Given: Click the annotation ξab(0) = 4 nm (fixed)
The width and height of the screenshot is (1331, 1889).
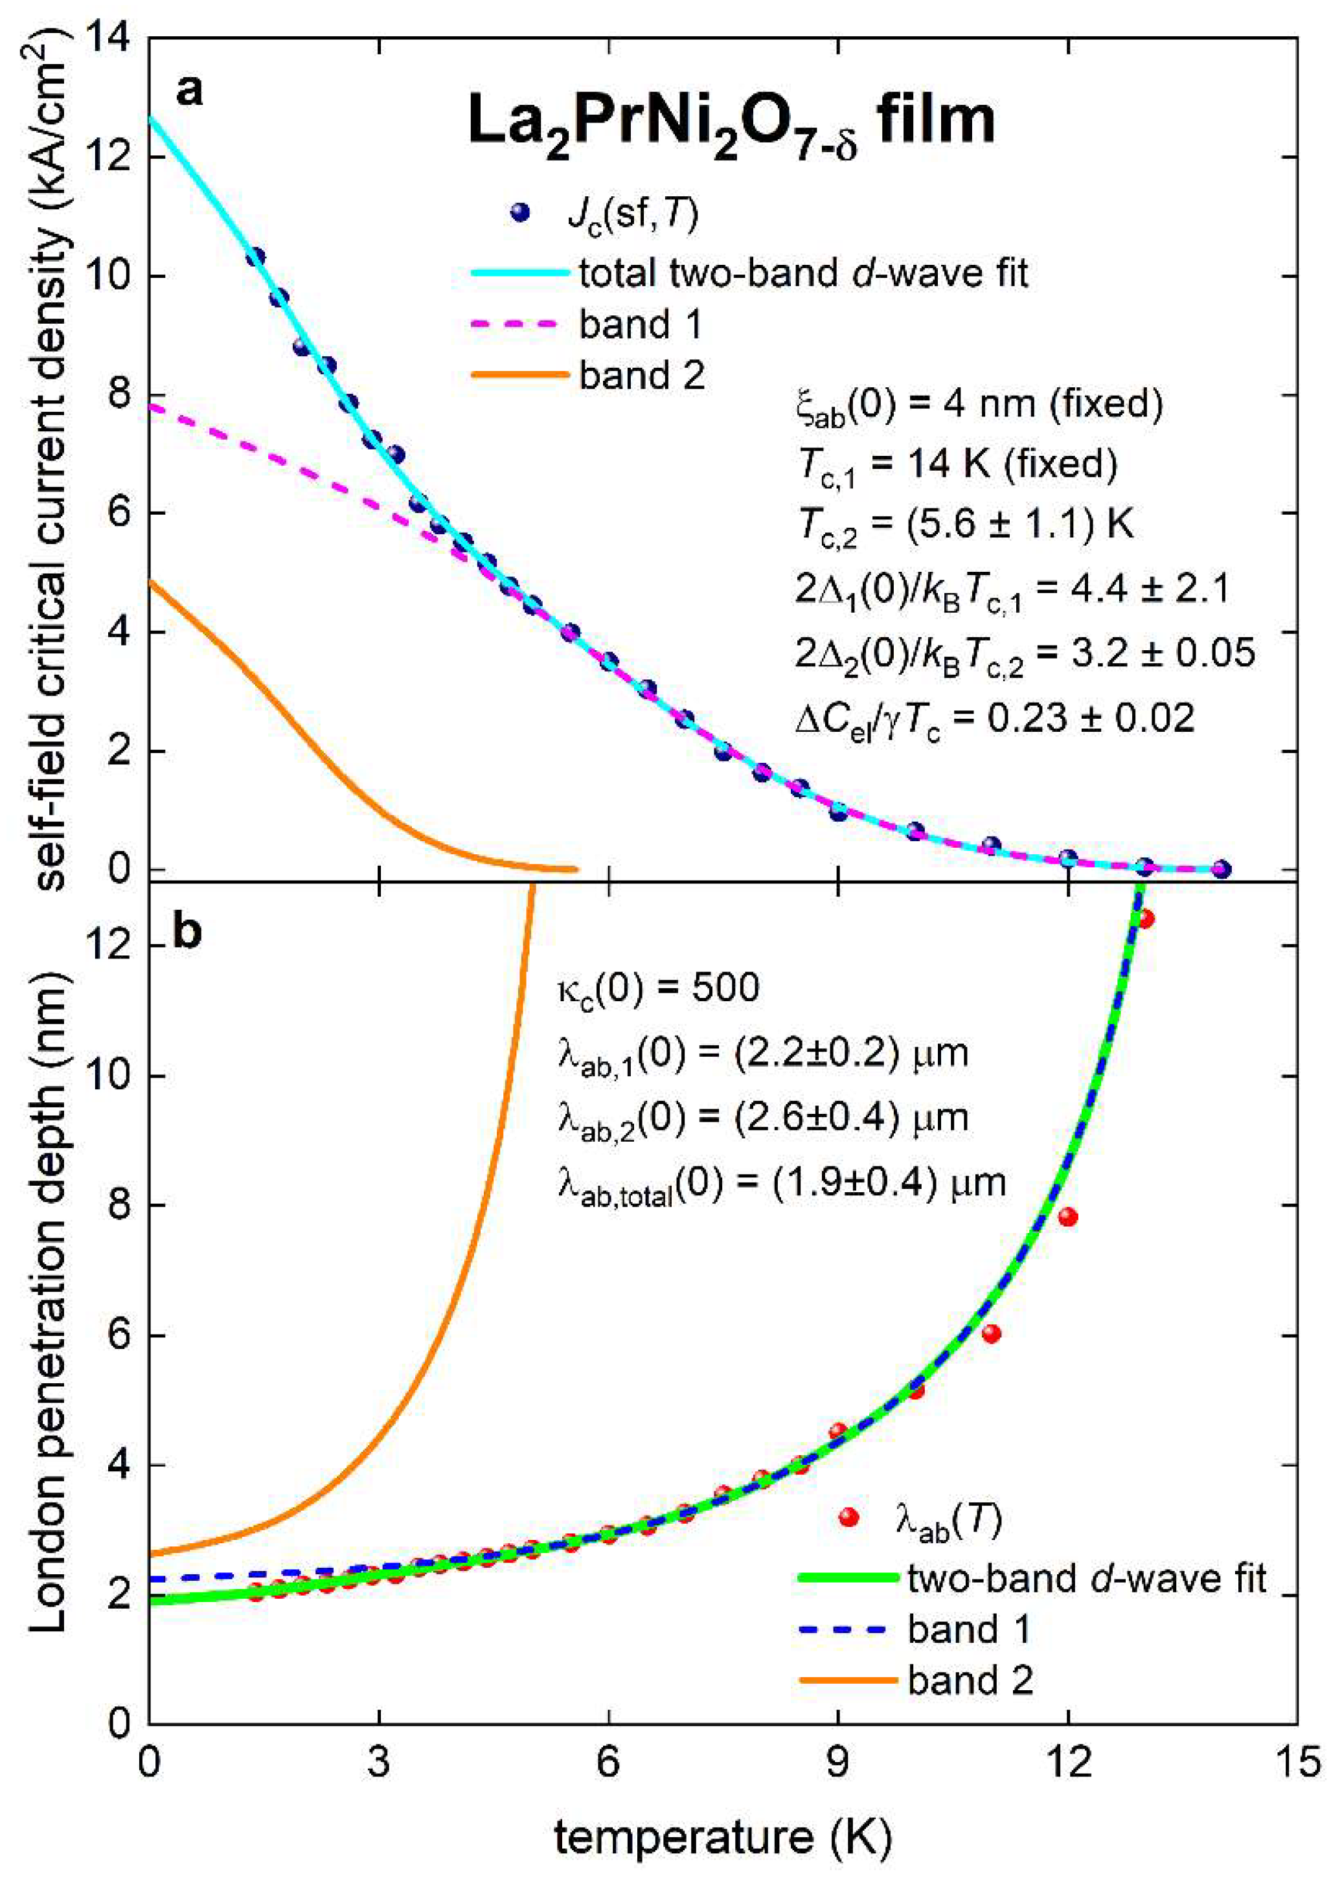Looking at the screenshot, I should click(979, 405).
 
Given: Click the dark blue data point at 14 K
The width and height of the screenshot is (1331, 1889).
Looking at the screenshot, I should click(1222, 869).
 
